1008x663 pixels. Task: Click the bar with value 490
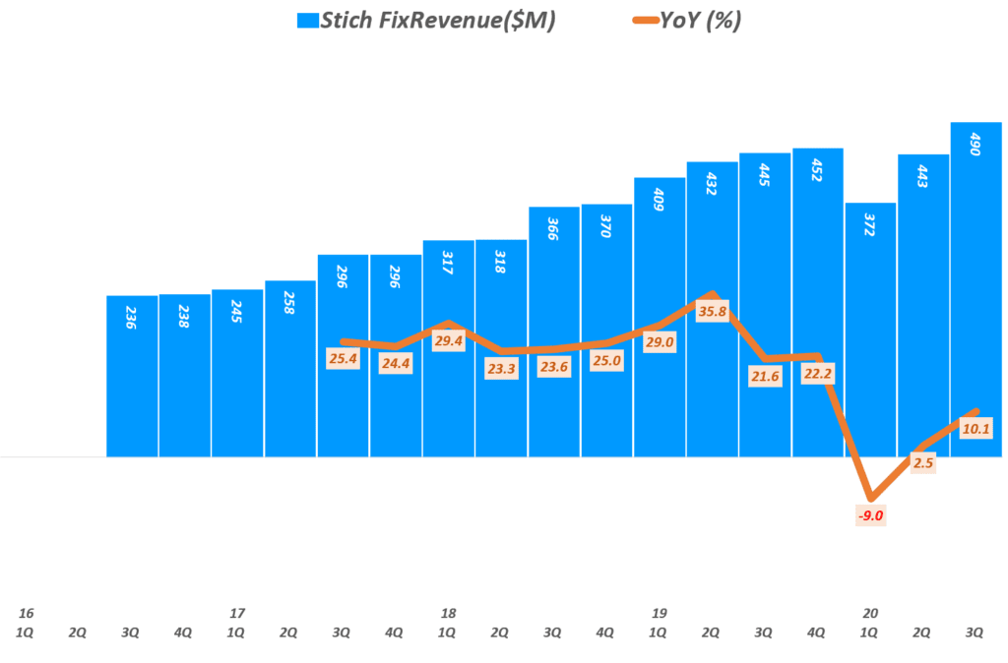[976, 295]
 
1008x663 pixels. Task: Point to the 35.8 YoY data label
[713, 312]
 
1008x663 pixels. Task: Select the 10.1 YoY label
[976, 428]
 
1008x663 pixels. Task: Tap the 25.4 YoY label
[344, 358]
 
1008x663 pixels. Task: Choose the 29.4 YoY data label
[449, 340]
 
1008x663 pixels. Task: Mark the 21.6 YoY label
[765, 377]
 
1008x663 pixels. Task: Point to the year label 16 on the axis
[26, 613]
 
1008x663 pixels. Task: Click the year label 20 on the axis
[870, 613]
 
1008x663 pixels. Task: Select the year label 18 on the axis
[449, 613]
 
